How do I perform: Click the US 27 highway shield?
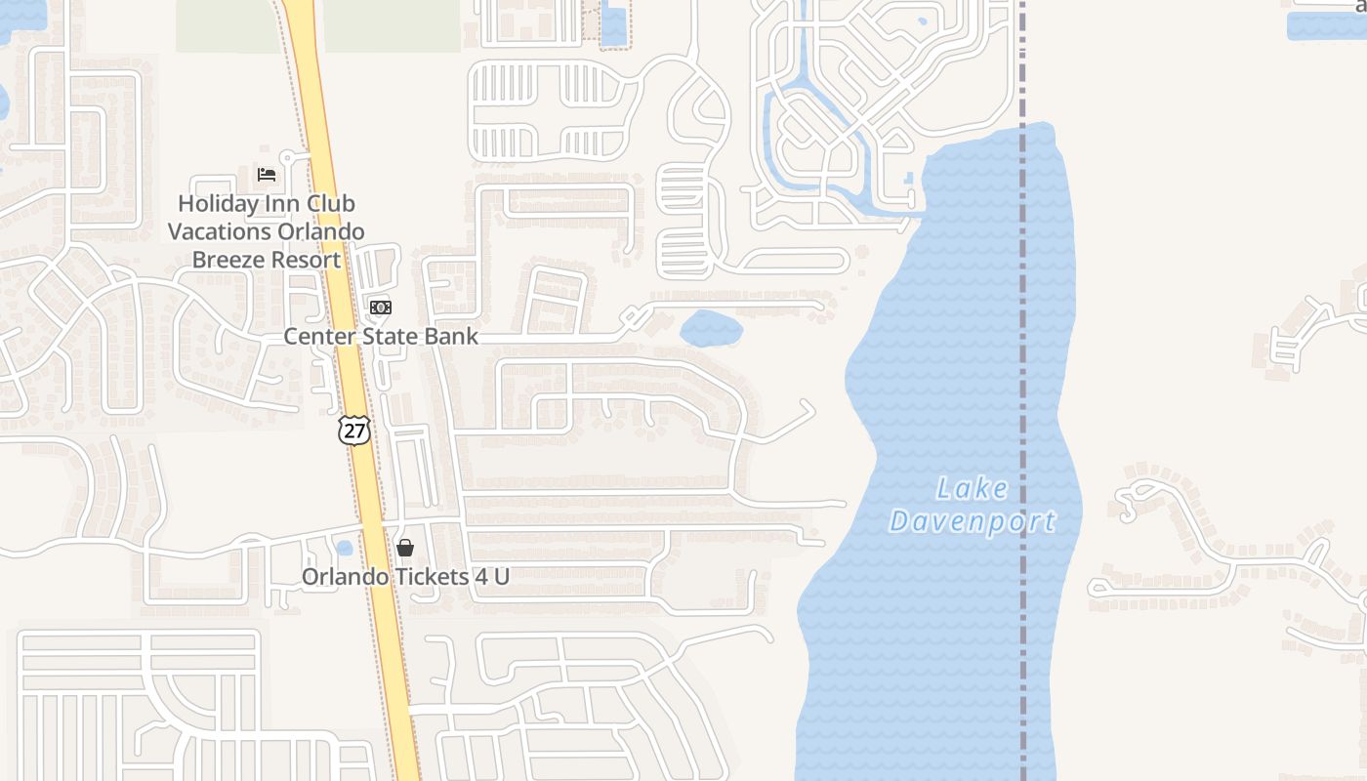[x=354, y=431]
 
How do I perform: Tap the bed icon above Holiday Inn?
[x=267, y=175]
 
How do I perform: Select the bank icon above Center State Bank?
[x=381, y=308]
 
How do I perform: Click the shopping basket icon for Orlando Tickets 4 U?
[x=405, y=548]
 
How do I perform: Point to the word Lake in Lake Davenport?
[x=972, y=488]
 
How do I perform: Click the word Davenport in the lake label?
[x=972, y=521]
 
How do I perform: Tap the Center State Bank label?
[x=381, y=337]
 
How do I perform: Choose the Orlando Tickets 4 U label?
[x=405, y=577]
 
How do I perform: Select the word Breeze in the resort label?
[x=228, y=260]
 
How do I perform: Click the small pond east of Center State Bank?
[x=711, y=328]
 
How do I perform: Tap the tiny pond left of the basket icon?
[x=343, y=549]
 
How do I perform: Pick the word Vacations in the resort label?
[x=217, y=232]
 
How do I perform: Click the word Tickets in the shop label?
[x=430, y=577]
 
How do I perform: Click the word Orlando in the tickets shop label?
[x=343, y=577]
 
